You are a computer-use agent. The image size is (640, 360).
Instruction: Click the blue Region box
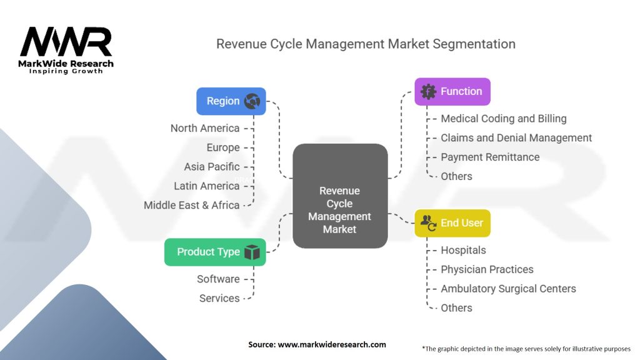[x=231, y=101]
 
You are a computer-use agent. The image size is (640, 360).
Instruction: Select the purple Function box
[x=452, y=92]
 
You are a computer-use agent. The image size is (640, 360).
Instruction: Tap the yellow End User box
[x=452, y=223]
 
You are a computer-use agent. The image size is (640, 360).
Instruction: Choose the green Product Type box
[x=215, y=252]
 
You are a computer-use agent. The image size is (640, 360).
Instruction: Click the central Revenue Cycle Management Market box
[x=340, y=196]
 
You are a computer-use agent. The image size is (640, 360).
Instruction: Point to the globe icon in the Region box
[x=252, y=101]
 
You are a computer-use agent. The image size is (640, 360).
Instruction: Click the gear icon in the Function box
[x=428, y=92]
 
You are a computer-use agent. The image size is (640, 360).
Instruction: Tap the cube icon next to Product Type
[x=252, y=252]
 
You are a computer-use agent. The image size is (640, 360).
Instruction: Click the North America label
[x=205, y=128]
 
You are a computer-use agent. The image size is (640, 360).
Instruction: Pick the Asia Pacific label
[x=212, y=166]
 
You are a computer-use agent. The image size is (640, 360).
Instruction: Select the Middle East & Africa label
[x=191, y=205]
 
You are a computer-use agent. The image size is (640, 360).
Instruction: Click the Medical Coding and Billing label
[x=504, y=118]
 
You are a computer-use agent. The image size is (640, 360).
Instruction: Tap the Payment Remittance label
[x=490, y=157]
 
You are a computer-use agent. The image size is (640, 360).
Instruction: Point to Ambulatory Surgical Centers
[x=509, y=289]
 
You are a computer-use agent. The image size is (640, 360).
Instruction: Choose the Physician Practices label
[x=487, y=269]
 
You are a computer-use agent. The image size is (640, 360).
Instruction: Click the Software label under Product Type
[x=218, y=279]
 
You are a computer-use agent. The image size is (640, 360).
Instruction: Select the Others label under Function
[x=456, y=176]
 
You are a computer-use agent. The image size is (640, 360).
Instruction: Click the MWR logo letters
[x=66, y=42]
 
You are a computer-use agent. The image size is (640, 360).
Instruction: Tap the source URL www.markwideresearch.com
[x=332, y=344]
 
